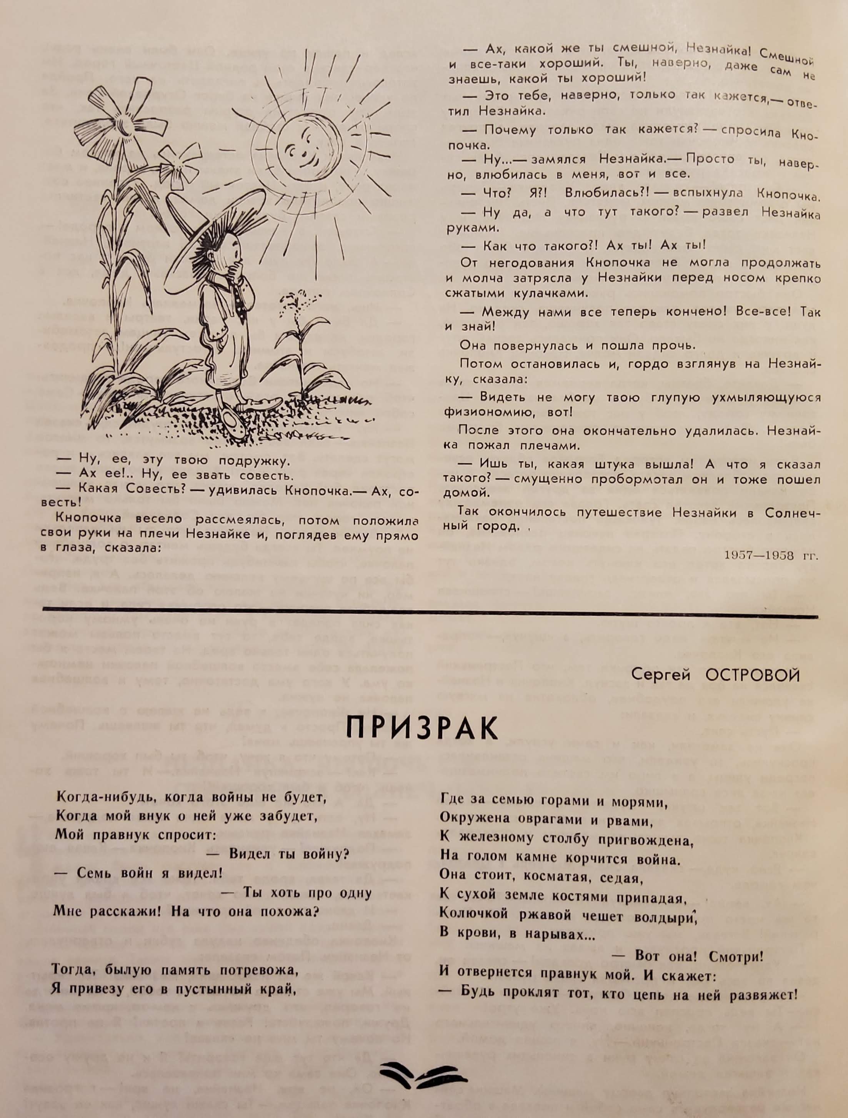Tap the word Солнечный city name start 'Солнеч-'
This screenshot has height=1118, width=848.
pos(792,512)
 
